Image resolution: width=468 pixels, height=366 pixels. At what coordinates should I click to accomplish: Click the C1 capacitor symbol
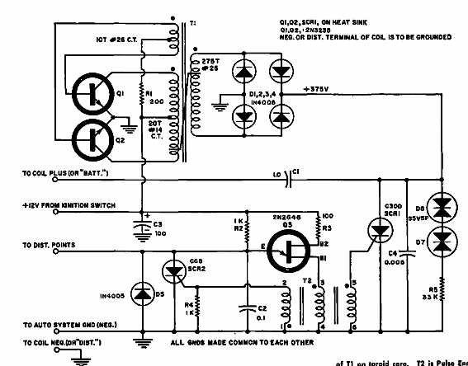click(x=291, y=175)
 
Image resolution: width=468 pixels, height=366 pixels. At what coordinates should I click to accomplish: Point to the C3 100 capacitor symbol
click(x=141, y=225)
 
